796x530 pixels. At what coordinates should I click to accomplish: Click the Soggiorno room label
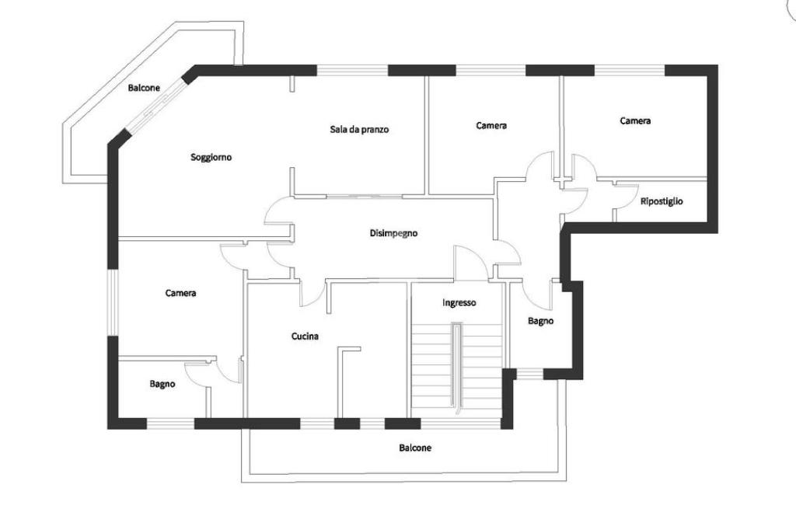[211, 157]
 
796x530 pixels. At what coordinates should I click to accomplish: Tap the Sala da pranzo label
[359, 130]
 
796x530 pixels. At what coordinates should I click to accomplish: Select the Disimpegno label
[393, 232]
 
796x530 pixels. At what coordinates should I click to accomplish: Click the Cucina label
[305, 336]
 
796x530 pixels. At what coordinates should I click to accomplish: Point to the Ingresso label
[459, 303]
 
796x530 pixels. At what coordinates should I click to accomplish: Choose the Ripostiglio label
[662, 202]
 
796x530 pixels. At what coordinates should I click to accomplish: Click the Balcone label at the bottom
[415, 448]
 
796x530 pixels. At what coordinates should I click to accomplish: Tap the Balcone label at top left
[144, 88]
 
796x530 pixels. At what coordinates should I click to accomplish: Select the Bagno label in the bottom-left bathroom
[162, 384]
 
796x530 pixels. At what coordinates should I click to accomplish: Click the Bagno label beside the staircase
[540, 321]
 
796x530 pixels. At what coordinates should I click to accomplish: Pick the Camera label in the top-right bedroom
[635, 120]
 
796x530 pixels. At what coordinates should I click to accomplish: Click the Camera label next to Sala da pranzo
[491, 125]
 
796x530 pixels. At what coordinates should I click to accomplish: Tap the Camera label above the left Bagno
[180, 293]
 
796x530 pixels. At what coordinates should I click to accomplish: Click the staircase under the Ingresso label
[458, 365]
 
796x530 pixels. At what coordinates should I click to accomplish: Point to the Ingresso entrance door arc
[470, 260]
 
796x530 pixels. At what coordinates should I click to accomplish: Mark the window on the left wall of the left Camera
[112, 302]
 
